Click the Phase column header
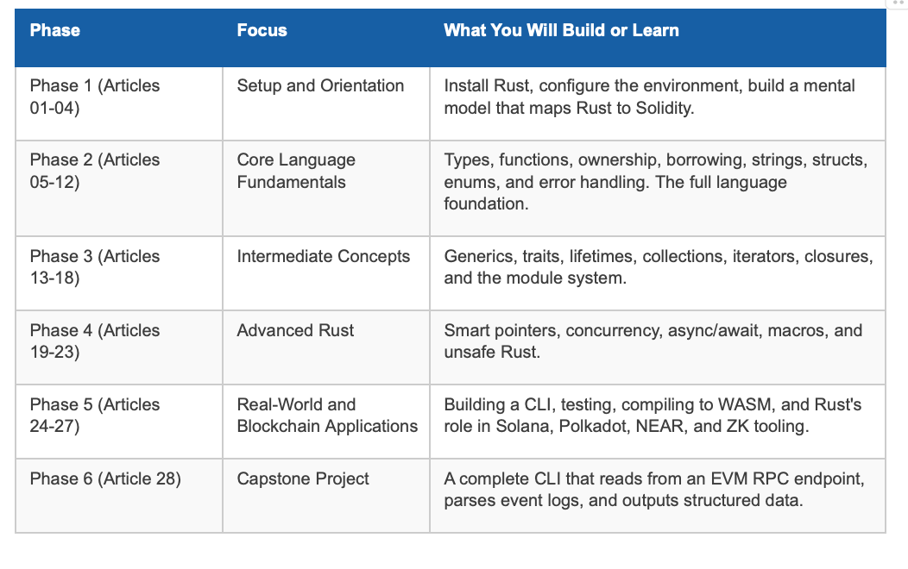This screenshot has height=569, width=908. coord(55,30)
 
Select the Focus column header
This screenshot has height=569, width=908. coord(262,30)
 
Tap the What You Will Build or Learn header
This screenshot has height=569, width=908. coord(561,30)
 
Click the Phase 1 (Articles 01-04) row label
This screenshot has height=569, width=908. coord(95,97)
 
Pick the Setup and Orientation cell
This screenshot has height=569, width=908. coord(320,85)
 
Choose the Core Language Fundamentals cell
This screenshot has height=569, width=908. coord(296,171)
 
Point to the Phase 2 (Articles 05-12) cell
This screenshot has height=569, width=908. coord(95,171)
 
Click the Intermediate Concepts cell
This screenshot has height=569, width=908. coord(323,256)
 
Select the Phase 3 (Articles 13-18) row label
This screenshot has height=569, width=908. coord(95,266)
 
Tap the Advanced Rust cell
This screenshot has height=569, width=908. coord(295,330)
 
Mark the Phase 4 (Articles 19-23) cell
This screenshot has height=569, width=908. coord(95,341)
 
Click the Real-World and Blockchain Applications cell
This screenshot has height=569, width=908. coord(327,416)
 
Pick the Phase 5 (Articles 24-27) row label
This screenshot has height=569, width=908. coord(95,416)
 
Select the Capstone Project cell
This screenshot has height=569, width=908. coord(303,478)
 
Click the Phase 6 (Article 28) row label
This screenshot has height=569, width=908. coord(105,478)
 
